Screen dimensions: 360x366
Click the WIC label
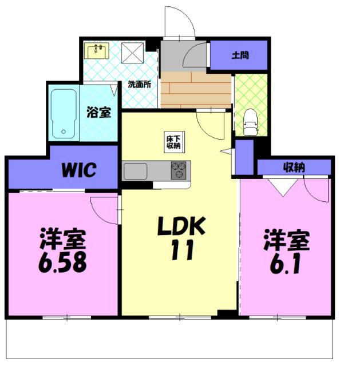tap(79, 170)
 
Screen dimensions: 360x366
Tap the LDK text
tap(181, 226)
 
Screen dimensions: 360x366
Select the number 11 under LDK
tap(182, 250)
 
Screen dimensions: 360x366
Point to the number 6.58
tap(62, 262)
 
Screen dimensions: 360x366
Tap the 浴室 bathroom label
tap(99, 112)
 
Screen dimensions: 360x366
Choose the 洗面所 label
tap(140, 84)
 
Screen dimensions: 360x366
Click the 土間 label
tap(240, 55)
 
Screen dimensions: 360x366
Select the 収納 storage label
tap(294, 168)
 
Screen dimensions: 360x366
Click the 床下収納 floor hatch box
tap(174, 142)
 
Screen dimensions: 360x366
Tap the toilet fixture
tap(251, 122)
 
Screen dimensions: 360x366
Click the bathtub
tap(64, 113)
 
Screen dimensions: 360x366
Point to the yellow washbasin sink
tap(97, 51)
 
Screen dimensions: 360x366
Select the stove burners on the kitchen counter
tap(179, 170)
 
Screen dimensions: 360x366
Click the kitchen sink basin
tap(135, 172)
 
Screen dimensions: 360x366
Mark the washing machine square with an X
tap(132, 53)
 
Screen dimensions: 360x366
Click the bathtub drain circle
tap(64, 132)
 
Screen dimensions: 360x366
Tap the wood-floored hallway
tap(196, 90)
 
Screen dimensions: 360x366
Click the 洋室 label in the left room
tap(63, 239)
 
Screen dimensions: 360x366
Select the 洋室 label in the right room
tap(287, 240)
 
